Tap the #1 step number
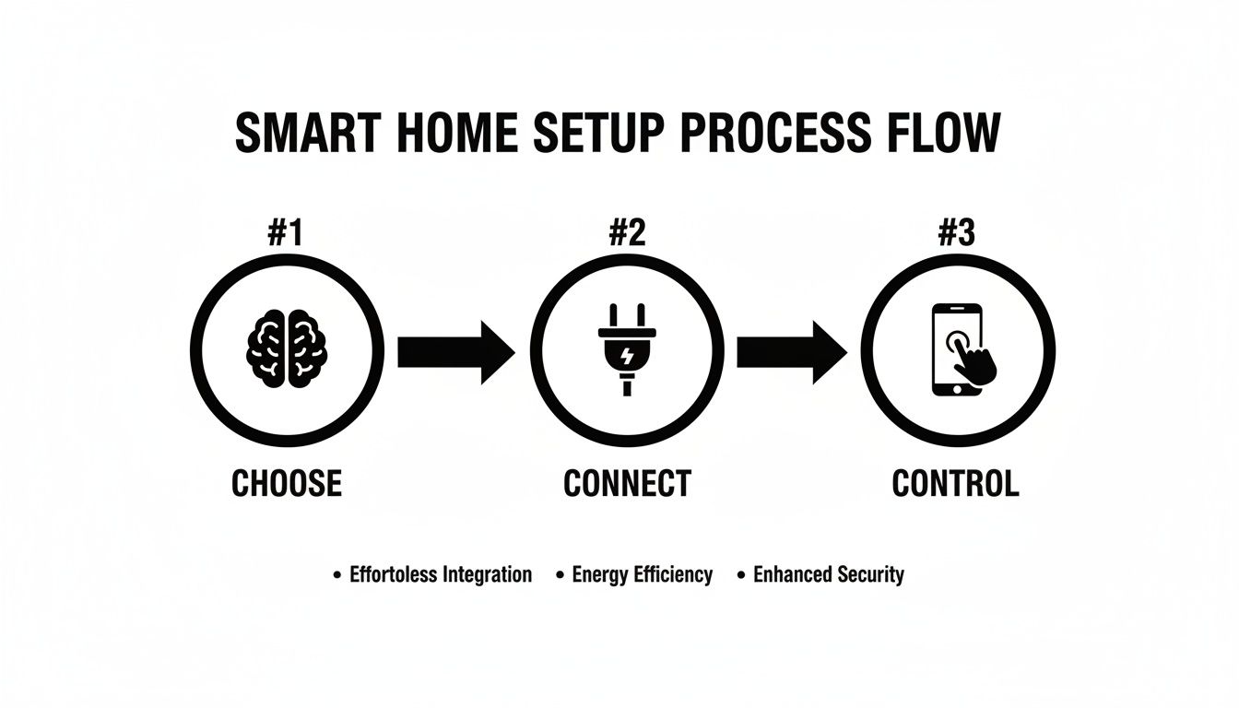click(x=287, y=234)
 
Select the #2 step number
click(x=626, y=234)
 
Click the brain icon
click(x=287, y=351)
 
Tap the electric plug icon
click(x=626, y=351)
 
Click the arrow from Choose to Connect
click(x=454, y=351)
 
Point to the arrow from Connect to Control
click(x=791, y=351)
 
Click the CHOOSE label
click(x=287, y=483)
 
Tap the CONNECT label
click(x=626, y=483)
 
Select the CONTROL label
click(x=955, y=483)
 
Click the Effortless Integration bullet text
click(x=441, y=575)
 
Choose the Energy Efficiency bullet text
click(x=642, y=575)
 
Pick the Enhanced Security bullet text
click(x=828, y=575)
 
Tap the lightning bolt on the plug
click(x=627, y=354)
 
